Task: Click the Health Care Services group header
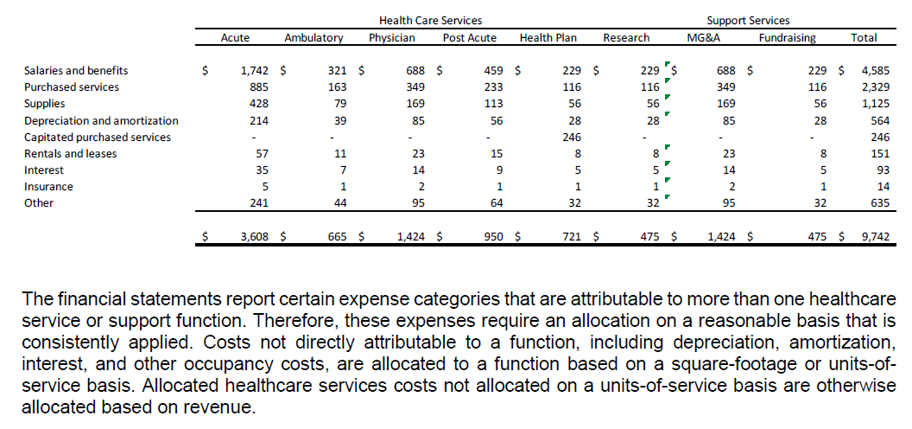pos(430,20)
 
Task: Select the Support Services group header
pos(748,20)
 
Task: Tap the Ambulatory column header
pos(313,38)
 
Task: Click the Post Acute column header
pos(469,38)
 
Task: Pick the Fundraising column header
pos(787,38)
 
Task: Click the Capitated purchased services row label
pos(98,138)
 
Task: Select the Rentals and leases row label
pos(70,154)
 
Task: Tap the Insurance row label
pos(48,187)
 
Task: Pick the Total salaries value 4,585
pos(864,71)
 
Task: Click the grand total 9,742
pos(864,236)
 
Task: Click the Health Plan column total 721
pos(570,236)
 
